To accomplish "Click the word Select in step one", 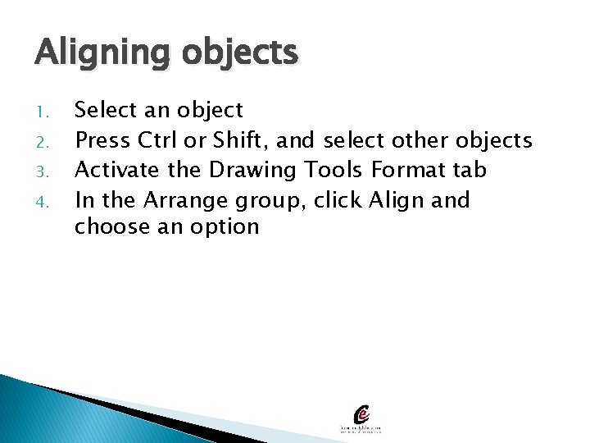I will point(102,110).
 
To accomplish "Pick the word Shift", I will point(241,139).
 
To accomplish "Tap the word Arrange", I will point(188,200).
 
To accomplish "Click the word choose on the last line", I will point(105,227).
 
